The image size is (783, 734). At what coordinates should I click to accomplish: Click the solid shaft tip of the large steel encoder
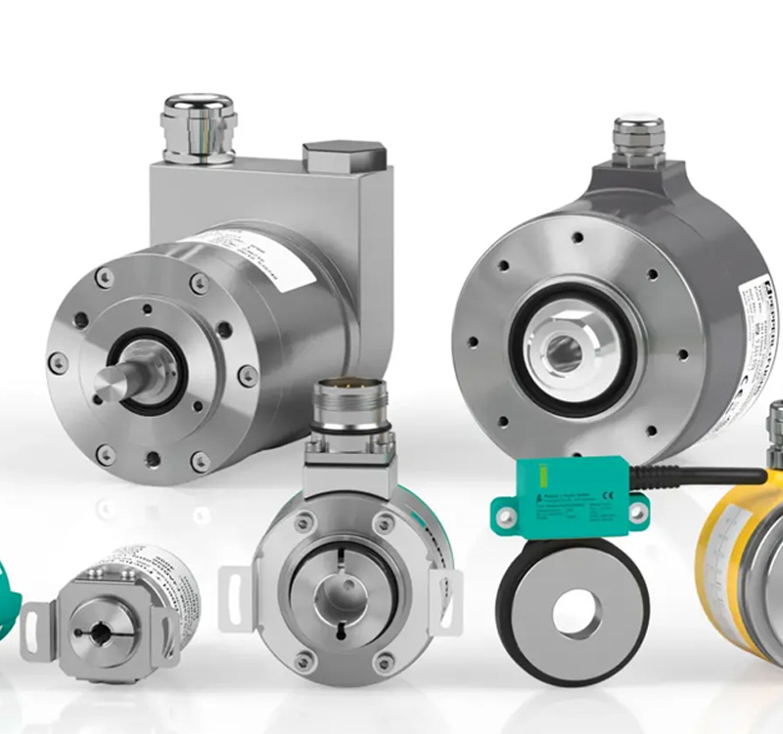106,385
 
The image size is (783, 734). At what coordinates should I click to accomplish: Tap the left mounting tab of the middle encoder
236,593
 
